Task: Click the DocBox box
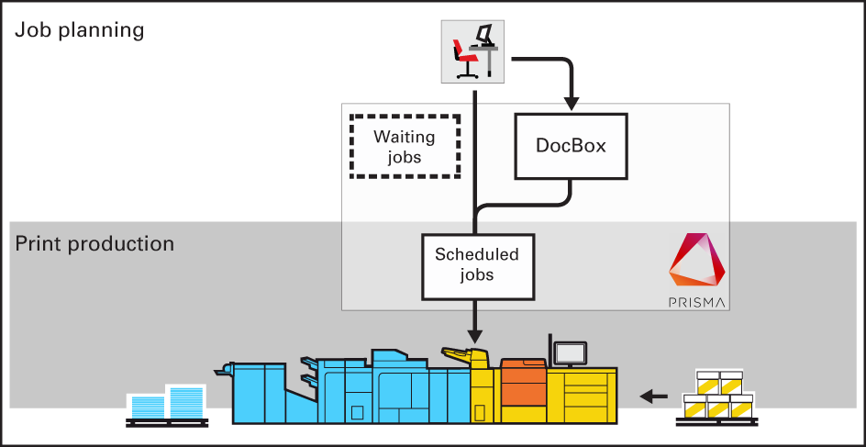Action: [571, 146]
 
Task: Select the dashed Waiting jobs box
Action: [404, 146]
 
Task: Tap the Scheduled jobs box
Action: [477, 265]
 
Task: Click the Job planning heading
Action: [80, 29]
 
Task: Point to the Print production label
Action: [94, 244]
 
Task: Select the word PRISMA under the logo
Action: [697, 301]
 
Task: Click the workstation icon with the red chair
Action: [473, 51]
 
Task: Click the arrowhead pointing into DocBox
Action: [571, 99]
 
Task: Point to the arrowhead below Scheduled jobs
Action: [476, 333]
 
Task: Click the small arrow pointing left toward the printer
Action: [653, 397]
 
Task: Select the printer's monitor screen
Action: [571, 352]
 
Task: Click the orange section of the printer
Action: [523, 389]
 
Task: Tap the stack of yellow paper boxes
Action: [718, 395]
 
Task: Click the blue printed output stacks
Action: [166, 402]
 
